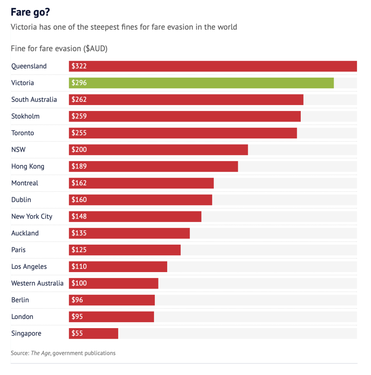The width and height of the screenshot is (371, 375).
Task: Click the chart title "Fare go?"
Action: point(30,12)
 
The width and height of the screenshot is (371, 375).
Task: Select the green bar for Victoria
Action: point(201,83)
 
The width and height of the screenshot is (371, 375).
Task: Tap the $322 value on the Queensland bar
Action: point(79,66)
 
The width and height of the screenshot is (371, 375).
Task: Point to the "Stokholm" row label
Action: point(25,116)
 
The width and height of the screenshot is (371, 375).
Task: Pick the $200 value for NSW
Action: point(79,150)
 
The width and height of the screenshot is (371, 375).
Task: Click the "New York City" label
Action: point(32,216)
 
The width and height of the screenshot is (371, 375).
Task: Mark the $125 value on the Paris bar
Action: point(79,250)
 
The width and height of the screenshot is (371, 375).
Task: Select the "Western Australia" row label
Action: point(37,283)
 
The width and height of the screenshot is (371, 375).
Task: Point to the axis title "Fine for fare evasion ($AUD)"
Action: point(59,49)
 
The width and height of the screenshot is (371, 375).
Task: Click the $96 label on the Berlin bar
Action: point(77,300)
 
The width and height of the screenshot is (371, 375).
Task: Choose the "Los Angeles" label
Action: point(29,267)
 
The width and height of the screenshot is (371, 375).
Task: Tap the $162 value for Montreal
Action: point(79,183)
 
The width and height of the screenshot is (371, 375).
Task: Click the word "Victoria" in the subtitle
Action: point(25,27)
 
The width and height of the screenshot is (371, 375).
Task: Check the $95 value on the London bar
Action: point(77,317)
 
